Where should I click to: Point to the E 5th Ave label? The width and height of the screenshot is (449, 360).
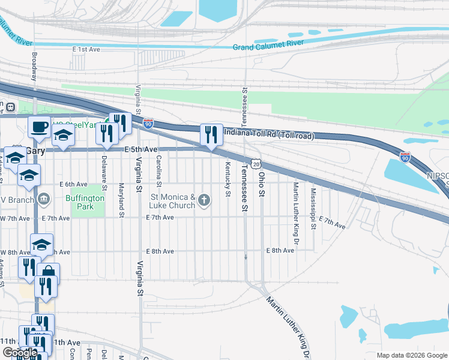(x=141, y=149)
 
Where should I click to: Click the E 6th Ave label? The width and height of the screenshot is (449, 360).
(x=73, y=184)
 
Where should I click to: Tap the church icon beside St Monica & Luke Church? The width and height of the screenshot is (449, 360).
(x=205, y=200)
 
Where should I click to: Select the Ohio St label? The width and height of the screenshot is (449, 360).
(x=262, y=185)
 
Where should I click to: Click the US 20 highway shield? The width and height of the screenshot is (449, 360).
(x=256, y=164)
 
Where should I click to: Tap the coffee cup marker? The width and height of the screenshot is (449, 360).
(x=40, y=127)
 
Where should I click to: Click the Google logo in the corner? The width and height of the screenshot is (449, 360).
(x=20, y=352)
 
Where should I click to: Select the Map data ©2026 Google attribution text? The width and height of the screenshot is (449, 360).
(x=411, y=355)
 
